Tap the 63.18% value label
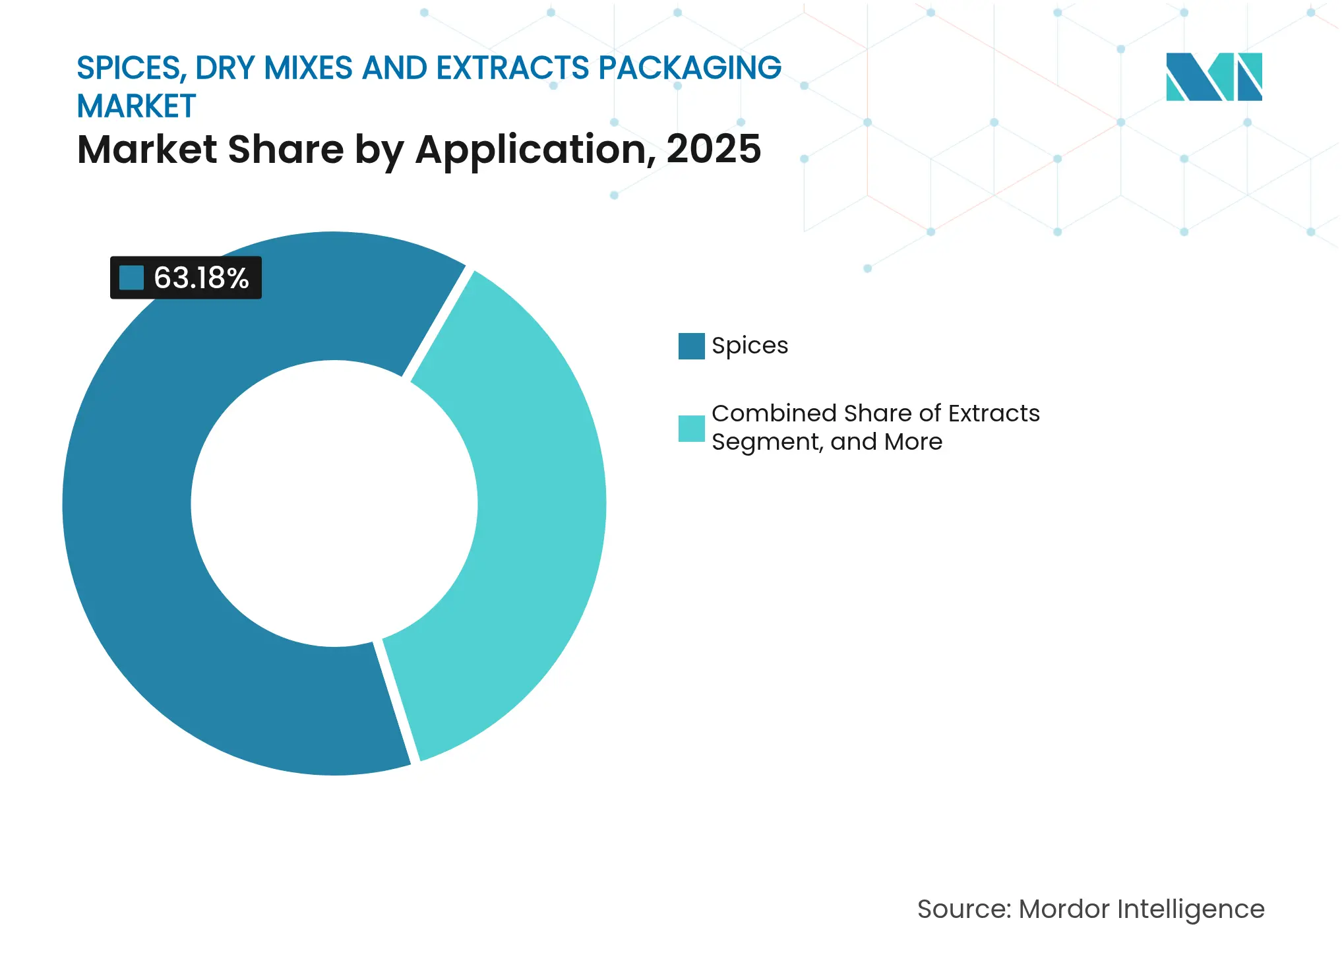tap(200, 278)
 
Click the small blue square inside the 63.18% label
tap(131, 278)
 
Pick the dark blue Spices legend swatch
tap(691, 346)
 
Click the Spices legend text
tap(750, 346)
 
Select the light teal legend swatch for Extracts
tap(691, 428)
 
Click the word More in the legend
tap(913, 442)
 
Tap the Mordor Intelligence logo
tap(1213, 77)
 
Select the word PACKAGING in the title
tap(690, 68)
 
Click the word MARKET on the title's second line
tap(137, 106)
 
